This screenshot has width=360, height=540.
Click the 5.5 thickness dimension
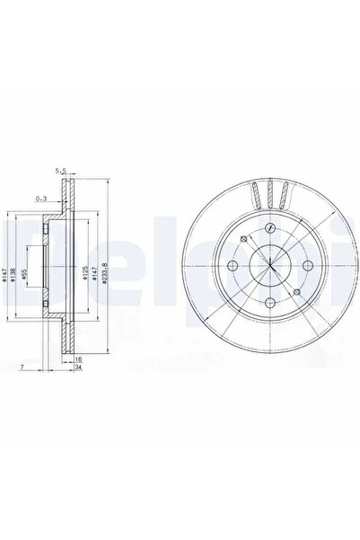[x=62, y=171]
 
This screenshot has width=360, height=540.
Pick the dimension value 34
[x=79, y=367]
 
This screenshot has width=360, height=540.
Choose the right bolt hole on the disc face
[x=309, y=267]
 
